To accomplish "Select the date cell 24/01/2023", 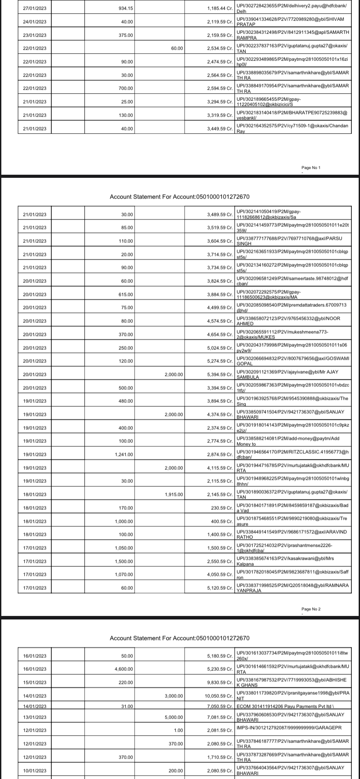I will coord(35,22).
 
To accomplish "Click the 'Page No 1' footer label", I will coord(311,168).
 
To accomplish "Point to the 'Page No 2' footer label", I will coord(311,609).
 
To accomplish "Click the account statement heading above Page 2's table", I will coord(180,197).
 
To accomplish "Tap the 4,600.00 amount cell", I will coord(124,669).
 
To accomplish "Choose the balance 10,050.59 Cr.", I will coord(219,696).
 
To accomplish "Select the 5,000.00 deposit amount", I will coord(173,717).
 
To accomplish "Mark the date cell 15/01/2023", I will coord(35,682).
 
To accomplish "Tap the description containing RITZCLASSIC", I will coord(293,454).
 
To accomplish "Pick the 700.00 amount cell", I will coord(126,88).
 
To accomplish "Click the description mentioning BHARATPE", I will coord(292,115).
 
